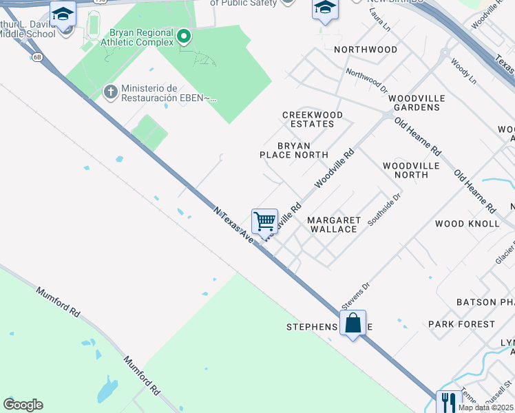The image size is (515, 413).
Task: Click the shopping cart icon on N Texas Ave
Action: tap(264, 222)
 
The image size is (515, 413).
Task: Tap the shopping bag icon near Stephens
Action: tap(353, 323)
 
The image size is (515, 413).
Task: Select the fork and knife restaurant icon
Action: tap(449, 402)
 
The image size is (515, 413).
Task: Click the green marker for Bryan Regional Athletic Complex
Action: tap(184, 36)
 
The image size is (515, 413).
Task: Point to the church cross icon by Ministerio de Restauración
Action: tap(110, 92)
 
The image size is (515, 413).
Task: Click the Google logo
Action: tap(23, 405)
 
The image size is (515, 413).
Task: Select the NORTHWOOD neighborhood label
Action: tap(366, 50)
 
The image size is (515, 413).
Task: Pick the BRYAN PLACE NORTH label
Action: tap(294, 150)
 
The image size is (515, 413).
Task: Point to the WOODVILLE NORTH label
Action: tap(406, 170)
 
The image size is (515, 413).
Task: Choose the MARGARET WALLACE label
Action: tap(333, 224)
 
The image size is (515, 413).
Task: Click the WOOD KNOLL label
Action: tap(467, 224)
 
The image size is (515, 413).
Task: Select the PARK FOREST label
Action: tap(461, 324)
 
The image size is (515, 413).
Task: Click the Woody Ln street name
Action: tap(463, 72)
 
